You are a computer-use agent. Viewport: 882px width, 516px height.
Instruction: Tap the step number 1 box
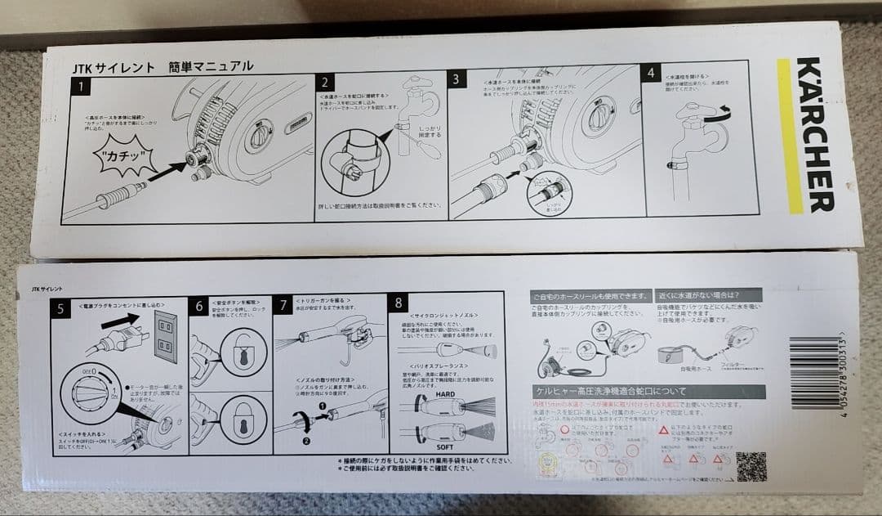[82, 84]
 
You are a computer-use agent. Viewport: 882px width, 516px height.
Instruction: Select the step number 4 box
[651, 73]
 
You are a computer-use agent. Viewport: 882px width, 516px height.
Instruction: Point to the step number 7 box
[283, 304]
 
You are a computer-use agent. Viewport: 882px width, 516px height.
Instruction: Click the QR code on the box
[751, 466]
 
